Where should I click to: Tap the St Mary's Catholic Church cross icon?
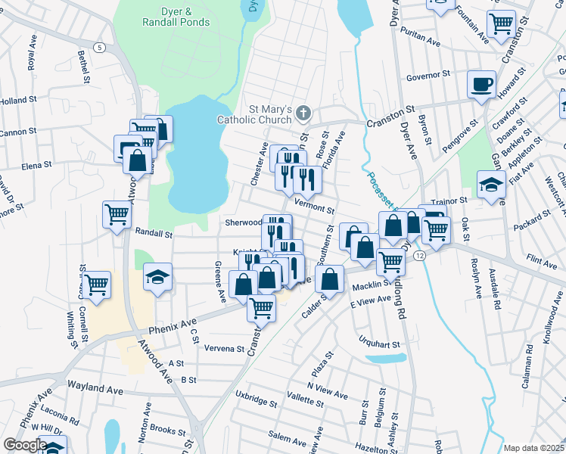click(x=303, y=113)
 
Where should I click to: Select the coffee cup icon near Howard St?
click(x=481, y=84)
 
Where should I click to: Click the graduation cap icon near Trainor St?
click(x=491, y=185)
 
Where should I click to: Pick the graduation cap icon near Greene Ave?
click(x=158, y=277)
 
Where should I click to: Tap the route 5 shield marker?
click(x=100, y=48)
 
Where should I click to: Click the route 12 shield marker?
click(x=419, y=257)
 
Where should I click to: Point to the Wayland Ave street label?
click(x=95, y=387)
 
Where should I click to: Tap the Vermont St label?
click(x=314, y=207)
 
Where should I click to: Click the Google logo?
click(x=24, y=445)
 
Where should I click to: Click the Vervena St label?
click(x=225, y=349)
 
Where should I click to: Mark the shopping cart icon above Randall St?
click(x=117, y=214)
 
